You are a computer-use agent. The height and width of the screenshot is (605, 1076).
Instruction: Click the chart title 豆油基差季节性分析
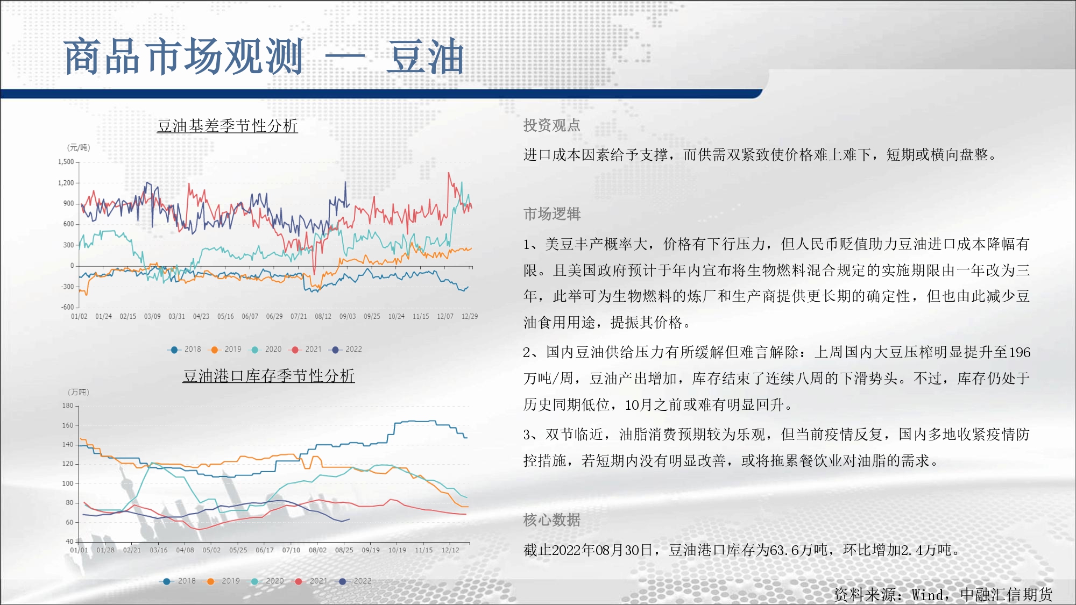click(228, 126)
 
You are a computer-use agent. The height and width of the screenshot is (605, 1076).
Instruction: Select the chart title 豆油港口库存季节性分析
click(269, 376)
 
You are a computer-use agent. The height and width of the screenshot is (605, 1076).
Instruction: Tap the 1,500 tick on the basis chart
click(66, 162)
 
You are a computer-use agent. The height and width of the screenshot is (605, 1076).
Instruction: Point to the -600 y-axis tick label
click(67, 307)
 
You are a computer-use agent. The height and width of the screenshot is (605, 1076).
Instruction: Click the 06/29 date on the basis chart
click(274, 316)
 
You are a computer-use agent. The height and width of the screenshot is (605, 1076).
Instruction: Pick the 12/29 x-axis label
click(470, 316)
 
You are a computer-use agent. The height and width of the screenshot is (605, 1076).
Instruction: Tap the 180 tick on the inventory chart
click(68, 405)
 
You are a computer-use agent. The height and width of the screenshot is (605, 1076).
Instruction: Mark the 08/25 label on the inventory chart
click(344, 550)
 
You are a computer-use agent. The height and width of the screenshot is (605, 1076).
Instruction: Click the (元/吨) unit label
click(79, 147)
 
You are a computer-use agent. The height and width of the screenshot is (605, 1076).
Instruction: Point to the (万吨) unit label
click(79, 392)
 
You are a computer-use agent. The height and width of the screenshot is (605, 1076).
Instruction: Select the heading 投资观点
click(552, 125)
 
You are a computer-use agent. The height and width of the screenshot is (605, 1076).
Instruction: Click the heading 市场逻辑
click(552, 214)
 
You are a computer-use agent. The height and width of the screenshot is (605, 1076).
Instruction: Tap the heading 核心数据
click(552, 520)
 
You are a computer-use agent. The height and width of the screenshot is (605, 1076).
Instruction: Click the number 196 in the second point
click(1020, 352)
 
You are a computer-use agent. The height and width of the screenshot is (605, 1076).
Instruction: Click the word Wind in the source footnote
click(927, 595)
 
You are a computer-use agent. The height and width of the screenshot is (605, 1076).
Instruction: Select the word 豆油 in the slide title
click(425, 56)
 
